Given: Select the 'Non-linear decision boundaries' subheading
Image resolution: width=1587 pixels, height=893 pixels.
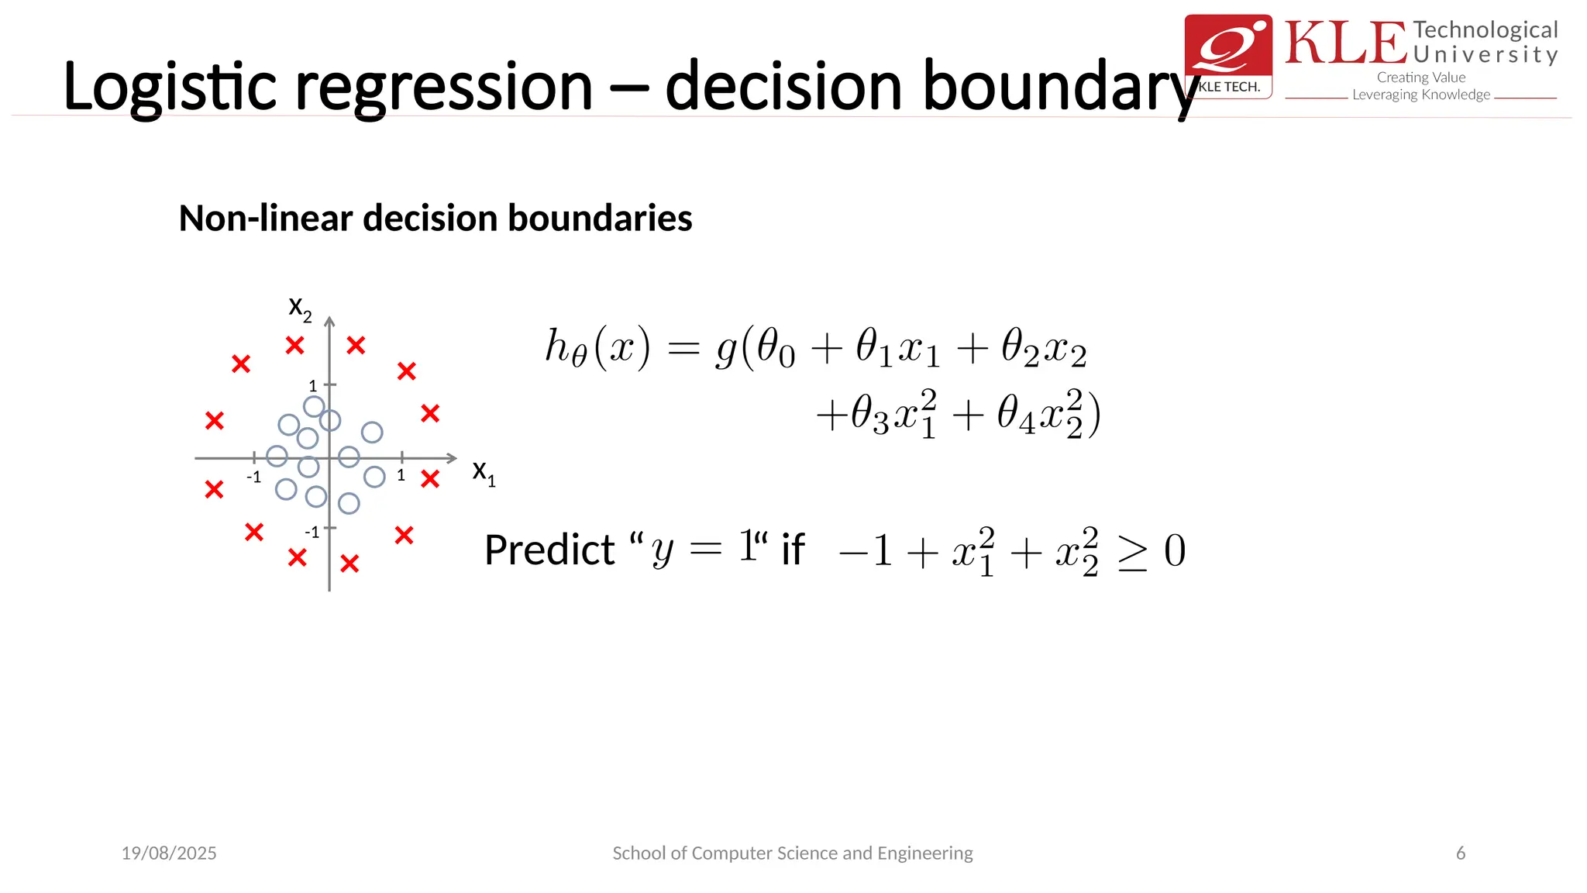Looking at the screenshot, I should (x=435, y=218).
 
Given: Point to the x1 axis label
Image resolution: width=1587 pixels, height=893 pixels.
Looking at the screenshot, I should (x=484, y=471).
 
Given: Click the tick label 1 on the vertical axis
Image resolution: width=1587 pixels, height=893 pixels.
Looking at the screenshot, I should (x=313, y=385).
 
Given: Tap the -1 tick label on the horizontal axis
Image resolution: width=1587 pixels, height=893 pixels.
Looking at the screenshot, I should (x=253, y=477).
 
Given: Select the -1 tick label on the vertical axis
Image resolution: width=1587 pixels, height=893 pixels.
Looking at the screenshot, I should (x=312, y=533).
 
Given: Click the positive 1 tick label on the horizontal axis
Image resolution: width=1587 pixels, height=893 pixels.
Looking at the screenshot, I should (x=401, y=475).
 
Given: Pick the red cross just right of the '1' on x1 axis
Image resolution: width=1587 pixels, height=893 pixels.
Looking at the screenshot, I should (x=430, y=479).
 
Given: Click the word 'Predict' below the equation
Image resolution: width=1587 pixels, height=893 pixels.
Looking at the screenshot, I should (x=549, y=550).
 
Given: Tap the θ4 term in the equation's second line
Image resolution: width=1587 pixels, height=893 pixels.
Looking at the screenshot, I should (x=1016, y=414).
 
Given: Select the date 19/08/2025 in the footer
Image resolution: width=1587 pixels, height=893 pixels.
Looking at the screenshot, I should (x=169, y=853).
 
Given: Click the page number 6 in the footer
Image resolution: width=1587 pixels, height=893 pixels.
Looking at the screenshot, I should (x=1461, y=853).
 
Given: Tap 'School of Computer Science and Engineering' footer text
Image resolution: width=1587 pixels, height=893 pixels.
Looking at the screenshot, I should (x=793, y=853).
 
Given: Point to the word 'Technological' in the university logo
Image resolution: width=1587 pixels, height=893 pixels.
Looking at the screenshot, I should (x=1485, y=30).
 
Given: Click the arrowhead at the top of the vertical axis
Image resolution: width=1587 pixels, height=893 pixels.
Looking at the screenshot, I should (x=329, y=321).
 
